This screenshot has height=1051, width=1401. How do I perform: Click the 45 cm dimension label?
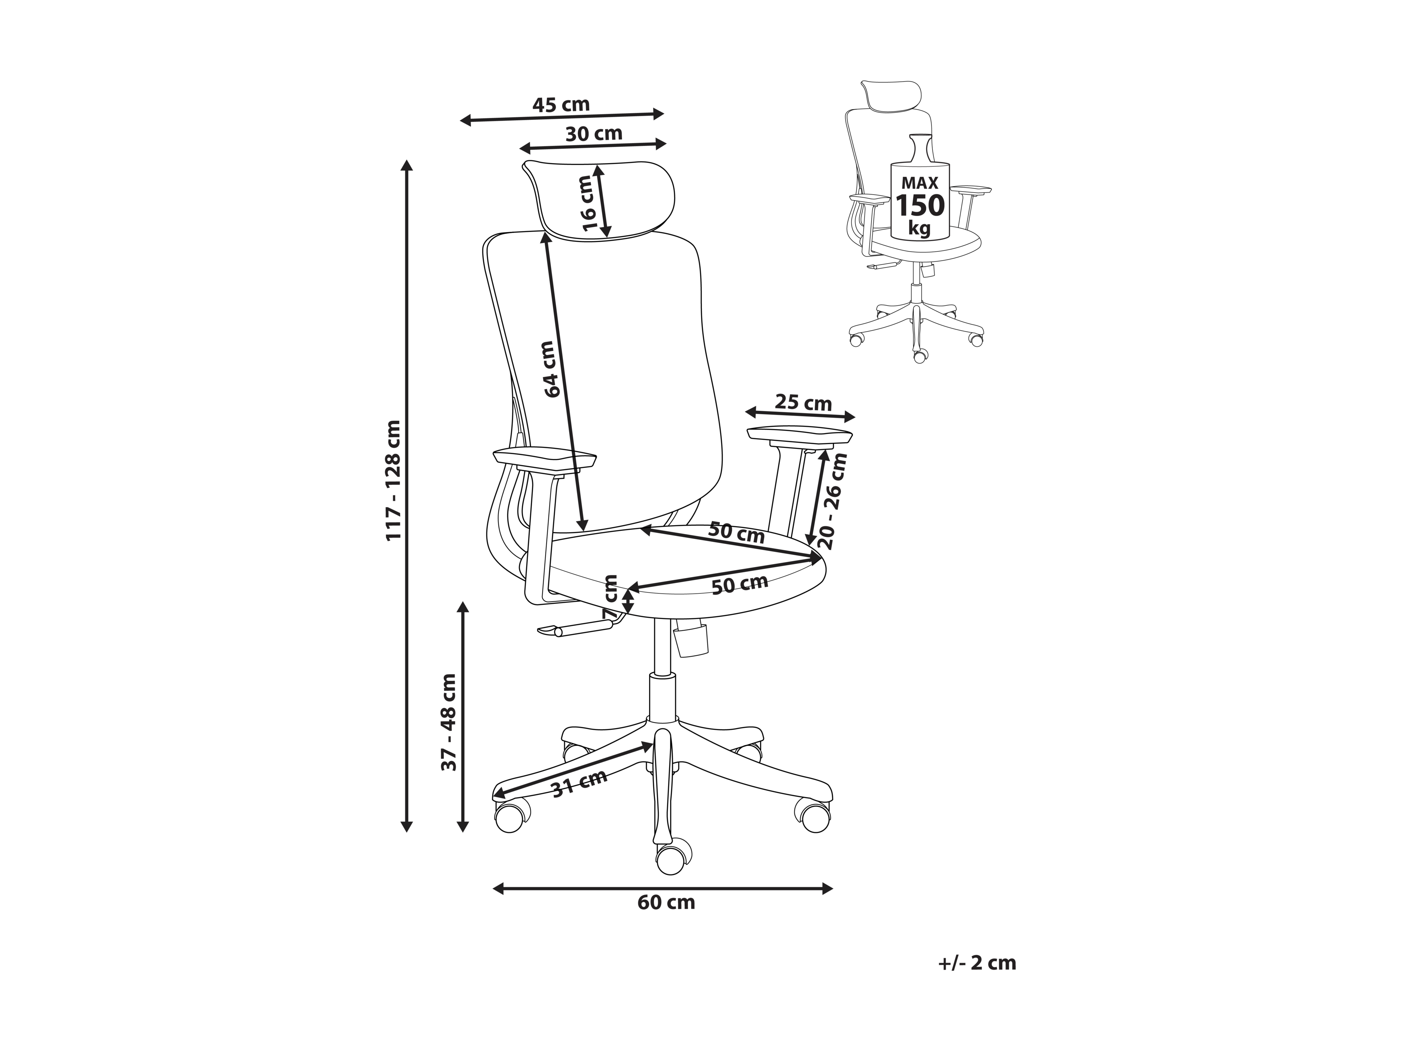point(561,104)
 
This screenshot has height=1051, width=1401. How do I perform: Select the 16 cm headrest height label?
point(589,203)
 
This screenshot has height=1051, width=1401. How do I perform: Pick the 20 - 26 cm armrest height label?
point(832,501)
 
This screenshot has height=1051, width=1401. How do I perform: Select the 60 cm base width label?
point(666,902)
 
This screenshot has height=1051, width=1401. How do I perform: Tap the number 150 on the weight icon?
point(920,206)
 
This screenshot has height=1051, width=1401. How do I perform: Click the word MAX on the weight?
point(920,183)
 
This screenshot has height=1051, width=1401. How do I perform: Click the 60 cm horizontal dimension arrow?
point(662,888)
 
